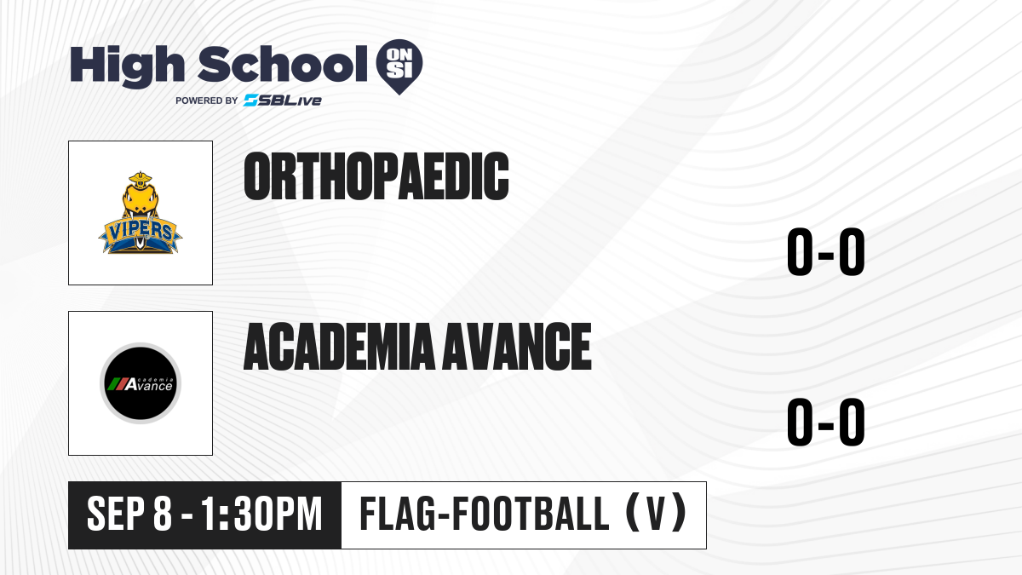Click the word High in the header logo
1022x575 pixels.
click(x=127, y=66)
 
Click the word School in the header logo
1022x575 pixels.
click(x=283, y=64)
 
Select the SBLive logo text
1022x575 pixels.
click(x=283, y=101)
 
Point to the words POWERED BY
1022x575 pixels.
click(x=206, y=101)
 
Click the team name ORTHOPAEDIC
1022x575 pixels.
click(x=376, y=176)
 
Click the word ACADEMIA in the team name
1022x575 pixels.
click(x=340, y=346)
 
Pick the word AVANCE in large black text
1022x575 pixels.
click(x=518, y=346)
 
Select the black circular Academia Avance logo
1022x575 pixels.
click(x=141, y=383)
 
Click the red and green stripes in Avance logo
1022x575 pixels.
click(x=117, y=384)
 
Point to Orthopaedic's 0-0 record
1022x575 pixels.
click(x=826, y=251)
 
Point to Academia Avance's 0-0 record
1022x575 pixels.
click(x=826, y=422)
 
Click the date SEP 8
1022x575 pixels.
click(x=129, y=514)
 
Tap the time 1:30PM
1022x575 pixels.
click(x=261, y=514)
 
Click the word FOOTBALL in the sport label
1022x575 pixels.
click(x=531, y=514)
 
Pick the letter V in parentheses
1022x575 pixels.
click(x=656, y=514)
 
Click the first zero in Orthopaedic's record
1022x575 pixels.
click(x=801, y=251)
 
